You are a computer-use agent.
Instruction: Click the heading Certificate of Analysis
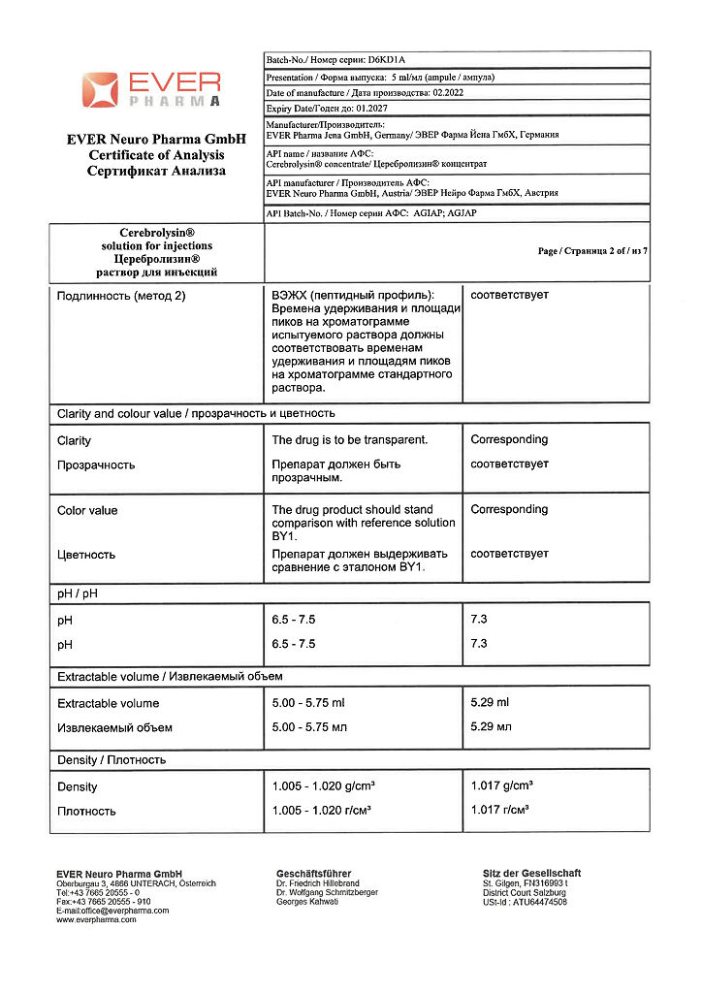coord(156,155)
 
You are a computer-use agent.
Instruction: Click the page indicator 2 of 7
coord(592,251)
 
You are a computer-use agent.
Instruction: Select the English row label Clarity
coord(75,440)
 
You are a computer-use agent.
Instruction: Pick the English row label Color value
coord(87,510)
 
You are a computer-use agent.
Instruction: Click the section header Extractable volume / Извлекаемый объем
coord(170,676)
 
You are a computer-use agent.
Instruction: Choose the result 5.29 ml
coord(490,702)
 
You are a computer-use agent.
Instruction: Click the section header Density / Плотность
coord(112,759)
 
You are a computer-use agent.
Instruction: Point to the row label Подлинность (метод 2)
coord(121,296)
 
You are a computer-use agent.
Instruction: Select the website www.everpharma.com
coord(96,919)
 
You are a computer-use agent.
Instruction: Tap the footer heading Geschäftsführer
coord(313,874)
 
